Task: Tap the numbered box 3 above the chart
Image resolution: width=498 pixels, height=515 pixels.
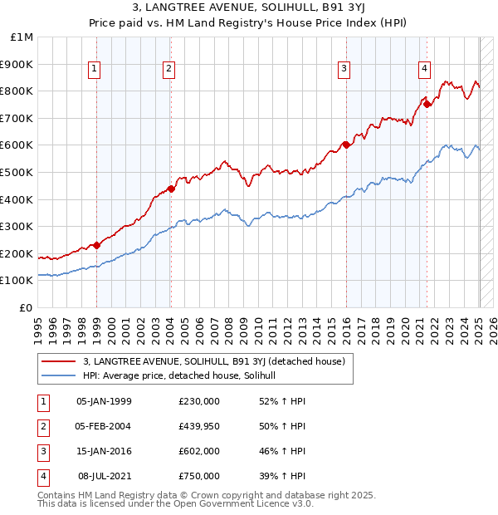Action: [344, 70]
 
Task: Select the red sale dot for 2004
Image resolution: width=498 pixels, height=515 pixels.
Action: [170, 189]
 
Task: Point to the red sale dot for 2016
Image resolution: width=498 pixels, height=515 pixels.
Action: [345, 145]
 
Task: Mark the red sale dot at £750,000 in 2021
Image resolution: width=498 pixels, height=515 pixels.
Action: [426, 104]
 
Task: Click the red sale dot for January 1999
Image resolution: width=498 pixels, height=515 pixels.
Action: [97, 245]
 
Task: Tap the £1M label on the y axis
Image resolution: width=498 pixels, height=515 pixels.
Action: [22, 37]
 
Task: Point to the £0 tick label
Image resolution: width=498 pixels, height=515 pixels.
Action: [26, 308]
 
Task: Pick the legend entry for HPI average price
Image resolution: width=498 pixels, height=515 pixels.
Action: [183, 375]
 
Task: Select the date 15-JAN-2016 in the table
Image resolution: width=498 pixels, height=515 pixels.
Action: [104, 451]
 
